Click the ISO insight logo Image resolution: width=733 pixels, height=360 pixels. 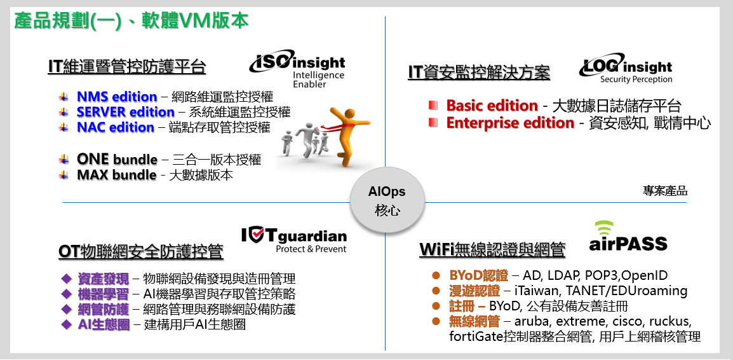tap(297, 69)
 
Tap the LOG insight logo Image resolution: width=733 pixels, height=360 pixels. tap(626, 71)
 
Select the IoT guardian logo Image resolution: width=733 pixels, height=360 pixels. tap(294, 240)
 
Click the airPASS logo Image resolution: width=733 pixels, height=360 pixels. tap(628, 237)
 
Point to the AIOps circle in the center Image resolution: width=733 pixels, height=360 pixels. tap(387, 200)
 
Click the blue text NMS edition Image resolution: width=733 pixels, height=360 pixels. tap(117, 97)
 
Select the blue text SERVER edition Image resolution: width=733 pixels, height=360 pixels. tap(125, 113)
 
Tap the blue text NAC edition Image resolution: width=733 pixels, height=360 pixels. tap(116, 127)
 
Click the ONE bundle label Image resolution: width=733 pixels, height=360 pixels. tap(117, 159)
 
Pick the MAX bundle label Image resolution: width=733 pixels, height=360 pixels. tap(116, 175)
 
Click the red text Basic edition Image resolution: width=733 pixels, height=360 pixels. tap(492, 106)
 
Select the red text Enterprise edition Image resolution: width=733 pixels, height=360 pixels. tap(510, 123)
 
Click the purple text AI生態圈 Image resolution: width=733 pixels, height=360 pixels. tap(104, 324)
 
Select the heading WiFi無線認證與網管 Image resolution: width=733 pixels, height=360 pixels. tap(492, 249)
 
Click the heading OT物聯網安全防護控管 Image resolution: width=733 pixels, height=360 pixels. tap(141, 251)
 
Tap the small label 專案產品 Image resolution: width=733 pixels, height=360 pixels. tap(665, 191)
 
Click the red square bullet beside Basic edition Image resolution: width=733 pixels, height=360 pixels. tap(433, 106)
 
